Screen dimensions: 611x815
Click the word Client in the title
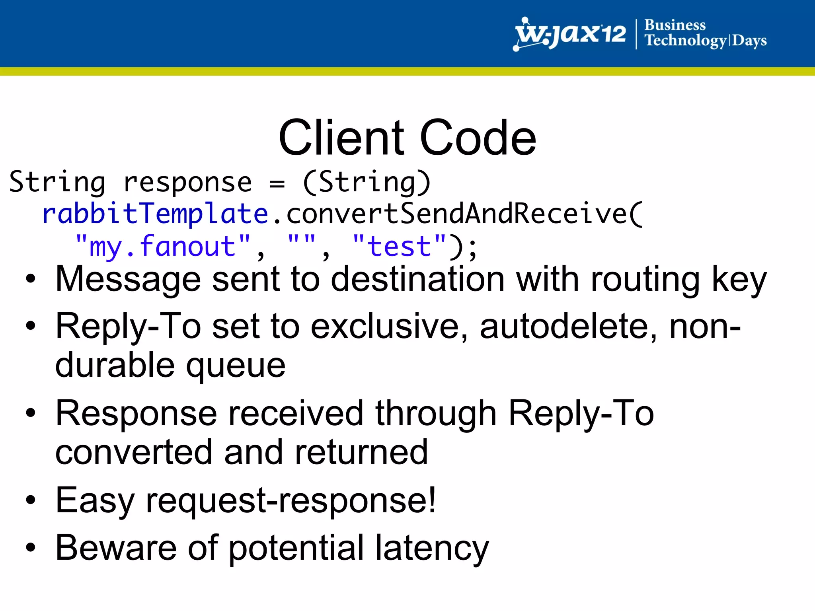341,138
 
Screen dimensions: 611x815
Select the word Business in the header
675,25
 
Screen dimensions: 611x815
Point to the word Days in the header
749,41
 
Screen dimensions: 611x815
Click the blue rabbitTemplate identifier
155,214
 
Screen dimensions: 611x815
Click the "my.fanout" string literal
163,247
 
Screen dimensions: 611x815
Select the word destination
418,280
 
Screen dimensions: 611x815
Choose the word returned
361,452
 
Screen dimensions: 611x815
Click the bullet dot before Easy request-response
31,500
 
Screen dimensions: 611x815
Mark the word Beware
116,548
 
